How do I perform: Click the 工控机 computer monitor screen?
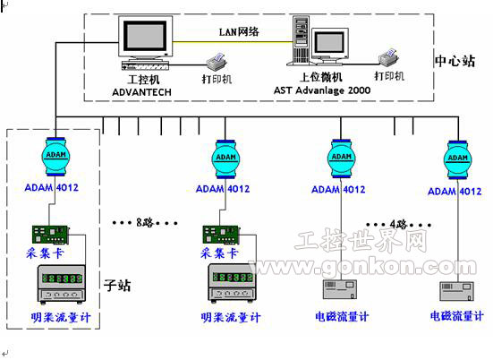[x=142, y=37]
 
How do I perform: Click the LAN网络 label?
[x=239, y=30]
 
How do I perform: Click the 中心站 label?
[x=454, y=60]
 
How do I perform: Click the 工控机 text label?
[x=134, y=79]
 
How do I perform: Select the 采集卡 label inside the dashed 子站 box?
[x=43, y=253]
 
